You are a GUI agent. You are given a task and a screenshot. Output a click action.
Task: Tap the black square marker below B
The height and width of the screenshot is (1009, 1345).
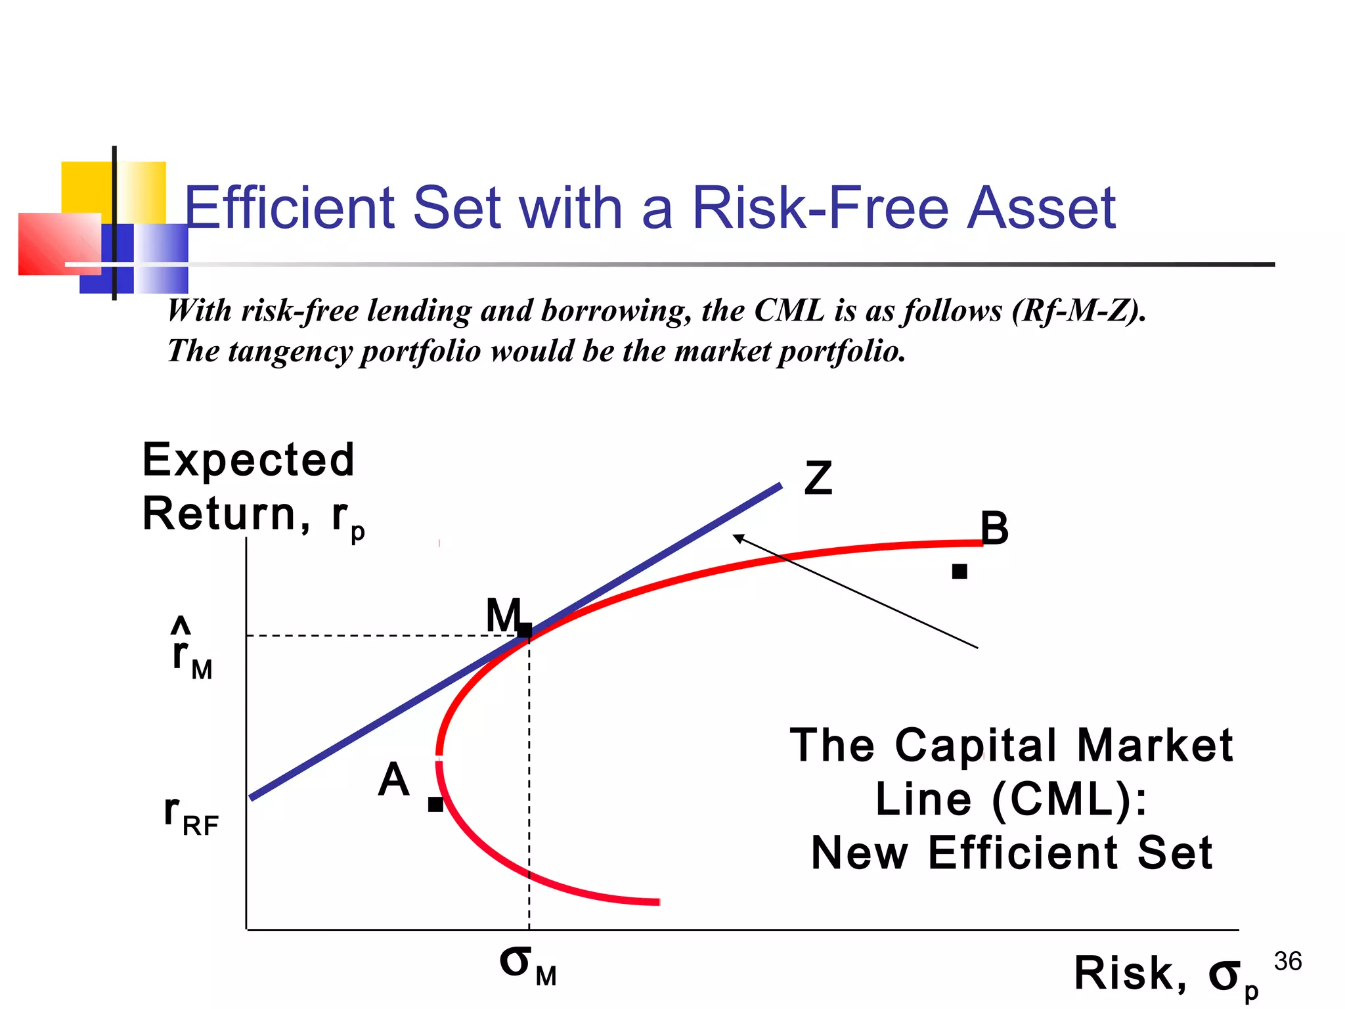pyautogui.click(x=959, y=572)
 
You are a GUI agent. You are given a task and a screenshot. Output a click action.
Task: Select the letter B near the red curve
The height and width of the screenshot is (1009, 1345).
pyautogui.click(x=994, y=528)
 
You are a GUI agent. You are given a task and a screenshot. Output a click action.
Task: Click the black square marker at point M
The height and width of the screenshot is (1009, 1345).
pyautogui.click(x=525, y=630)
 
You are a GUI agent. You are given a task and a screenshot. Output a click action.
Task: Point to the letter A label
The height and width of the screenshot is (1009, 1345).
pyautogui.click(x=393, y=780)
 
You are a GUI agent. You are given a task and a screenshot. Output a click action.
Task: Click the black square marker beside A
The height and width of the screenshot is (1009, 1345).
pyautogui.click(x=435, y=804)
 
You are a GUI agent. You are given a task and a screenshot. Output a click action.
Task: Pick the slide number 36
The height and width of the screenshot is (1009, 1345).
pyautogui.click(x=1287, y=962)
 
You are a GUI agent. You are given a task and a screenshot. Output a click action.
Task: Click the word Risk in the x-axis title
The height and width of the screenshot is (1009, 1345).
pyautogui.click(x=1130, y=974)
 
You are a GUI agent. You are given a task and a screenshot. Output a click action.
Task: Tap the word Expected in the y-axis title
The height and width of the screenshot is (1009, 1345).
pyautogui.click(x=248, y=460)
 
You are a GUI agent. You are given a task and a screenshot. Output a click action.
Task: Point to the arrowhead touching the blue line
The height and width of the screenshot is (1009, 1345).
pyautogui.click(x=737, y=537)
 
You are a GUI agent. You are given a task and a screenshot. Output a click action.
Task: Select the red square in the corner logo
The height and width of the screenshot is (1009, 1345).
pyautogui.click(x=59, y=244)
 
